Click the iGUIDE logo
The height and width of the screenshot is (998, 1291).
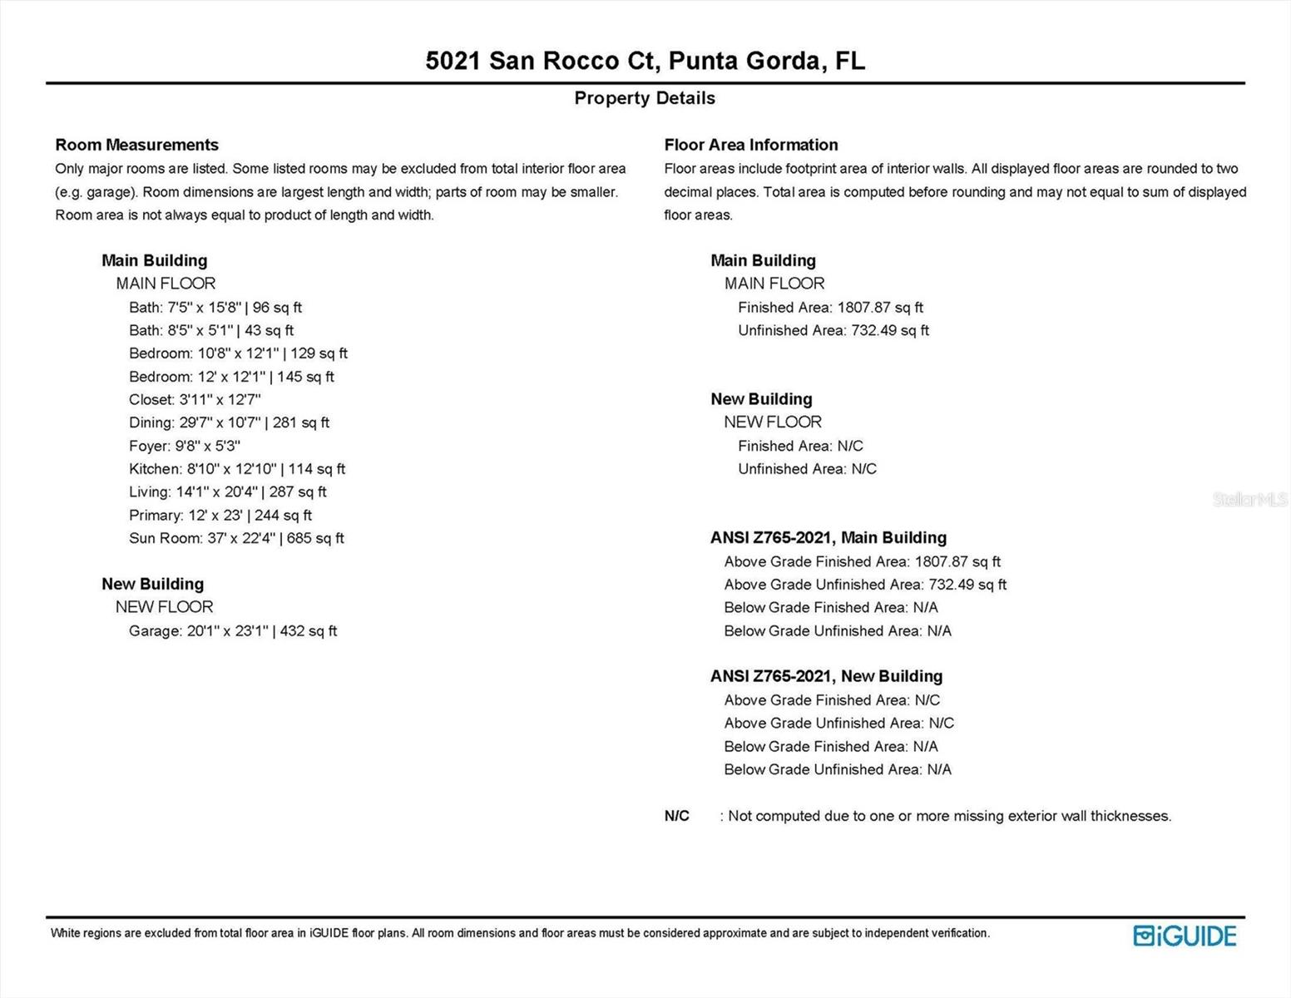point(1185,936)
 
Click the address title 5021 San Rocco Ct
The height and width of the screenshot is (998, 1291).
point(645,61)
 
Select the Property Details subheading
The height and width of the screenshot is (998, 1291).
point(645,98)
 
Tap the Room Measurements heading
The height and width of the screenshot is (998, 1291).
point(136,145)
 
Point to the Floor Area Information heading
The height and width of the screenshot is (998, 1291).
point(750,145)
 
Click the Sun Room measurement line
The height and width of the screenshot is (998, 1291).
point(236,538)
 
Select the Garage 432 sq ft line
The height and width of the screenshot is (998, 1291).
point(233,631)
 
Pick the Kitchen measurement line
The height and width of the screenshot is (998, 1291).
point(236,469)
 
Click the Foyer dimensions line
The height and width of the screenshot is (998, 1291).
point(185,446)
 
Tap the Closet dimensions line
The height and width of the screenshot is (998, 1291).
point(195,400)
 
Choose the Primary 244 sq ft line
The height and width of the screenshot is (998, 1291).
point(220,516)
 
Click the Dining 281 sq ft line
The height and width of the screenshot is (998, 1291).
point(229,422)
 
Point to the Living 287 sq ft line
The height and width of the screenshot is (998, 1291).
point(227,492)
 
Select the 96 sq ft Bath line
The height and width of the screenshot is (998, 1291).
point(215,308)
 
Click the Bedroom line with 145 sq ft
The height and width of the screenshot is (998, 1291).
point(231,377)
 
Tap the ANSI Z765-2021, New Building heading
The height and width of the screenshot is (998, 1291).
point(826,676)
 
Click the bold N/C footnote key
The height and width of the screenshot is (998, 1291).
point(676,816)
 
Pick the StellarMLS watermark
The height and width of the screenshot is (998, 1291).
point(1249,500)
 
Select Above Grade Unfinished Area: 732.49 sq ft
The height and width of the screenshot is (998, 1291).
point(865,585)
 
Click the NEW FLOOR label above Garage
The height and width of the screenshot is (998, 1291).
point(164,607)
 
